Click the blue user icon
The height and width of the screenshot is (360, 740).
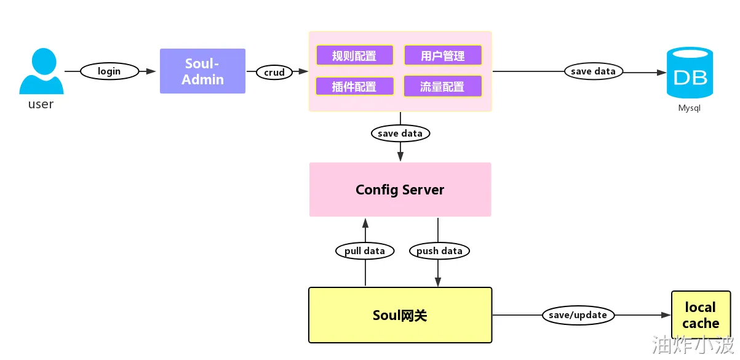pyautogui.click(x=41, y=71)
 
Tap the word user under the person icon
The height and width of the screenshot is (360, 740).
pyautogui.click(x=41, y=104)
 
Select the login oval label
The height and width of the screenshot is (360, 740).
pyautogui.click(x=109, y=71)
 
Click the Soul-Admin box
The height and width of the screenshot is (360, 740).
pyautogui.click(x=202, y=71)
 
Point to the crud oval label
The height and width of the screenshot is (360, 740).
pyautogui.click(x=274, y=72)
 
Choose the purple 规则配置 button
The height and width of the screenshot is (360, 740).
pyautogui.click(x=354, y=55)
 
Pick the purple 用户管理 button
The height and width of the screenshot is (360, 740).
pyautogui.click(x=443, y=55)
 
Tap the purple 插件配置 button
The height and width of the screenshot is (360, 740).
pyautogui.click(x=354, y=86)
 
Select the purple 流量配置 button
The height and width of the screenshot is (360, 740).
pyautogui.click(x=442, y=86)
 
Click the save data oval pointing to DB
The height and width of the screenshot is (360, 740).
pyautogui.click(x=593, y=71)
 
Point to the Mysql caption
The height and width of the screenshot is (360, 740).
pyautogui.click(x=689, y=108)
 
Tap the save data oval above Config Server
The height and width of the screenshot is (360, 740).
pyautogui.click(x=400, y=133)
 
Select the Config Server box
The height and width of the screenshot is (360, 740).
pyautogui.click(x=400, y=190)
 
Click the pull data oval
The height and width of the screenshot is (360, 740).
pyautogui.click(x=365, y=250)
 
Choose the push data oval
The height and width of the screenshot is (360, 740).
pyautogui.click(x=439, y=250)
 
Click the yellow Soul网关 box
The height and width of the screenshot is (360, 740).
pyautogui.click(x=400, y=315)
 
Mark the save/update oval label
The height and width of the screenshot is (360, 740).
pyautogui.click(x=578, y=315)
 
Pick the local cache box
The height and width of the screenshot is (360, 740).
pyautogui.click(x=700, y=315)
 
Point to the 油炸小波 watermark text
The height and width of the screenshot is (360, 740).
pyautogui.click(x=693, y=343)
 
